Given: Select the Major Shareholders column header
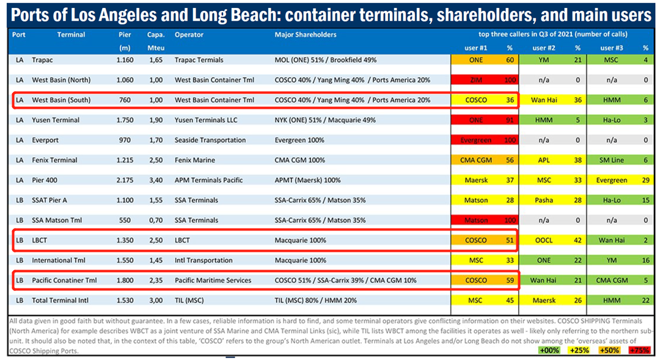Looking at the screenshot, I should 306,35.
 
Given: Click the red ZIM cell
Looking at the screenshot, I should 476,80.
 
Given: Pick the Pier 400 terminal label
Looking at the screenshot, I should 46,180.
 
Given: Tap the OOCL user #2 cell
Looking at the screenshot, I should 543,240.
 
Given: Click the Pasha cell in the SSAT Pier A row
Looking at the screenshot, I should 543,200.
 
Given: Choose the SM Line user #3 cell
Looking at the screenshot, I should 612,160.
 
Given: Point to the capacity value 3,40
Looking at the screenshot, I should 155,180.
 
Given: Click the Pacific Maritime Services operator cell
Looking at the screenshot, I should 213,281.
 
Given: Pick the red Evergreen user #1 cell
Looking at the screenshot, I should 476,140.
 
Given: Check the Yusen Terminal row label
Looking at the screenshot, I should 56,120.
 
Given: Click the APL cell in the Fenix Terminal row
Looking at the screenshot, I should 543,160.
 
